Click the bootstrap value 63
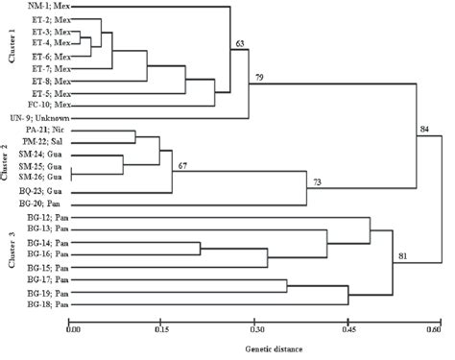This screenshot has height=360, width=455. tap(239, 43)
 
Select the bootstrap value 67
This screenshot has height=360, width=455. tap(180, 166)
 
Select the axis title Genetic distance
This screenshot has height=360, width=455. tap(254, 348)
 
